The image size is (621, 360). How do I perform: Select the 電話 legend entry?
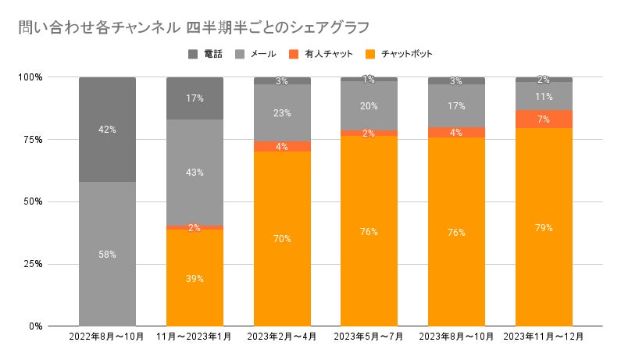click(x=206, y=54)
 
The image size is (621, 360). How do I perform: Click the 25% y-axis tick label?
click(x=33, y=264)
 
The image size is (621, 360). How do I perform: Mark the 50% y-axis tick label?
click(x=33, y=201)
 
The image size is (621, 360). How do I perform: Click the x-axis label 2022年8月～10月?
click(x=108, y=337)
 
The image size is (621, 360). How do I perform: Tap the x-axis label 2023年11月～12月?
click(x=545, y=337)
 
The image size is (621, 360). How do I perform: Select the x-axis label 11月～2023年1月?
click(x=195, y=337)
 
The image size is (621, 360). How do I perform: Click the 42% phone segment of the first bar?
click(x=108, y=130)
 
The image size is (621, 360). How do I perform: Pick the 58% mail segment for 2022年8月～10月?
click(x=108, y=254)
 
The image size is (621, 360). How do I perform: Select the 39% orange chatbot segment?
click(x=195, y=277)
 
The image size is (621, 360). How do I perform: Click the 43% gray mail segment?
click(x=195, y=172)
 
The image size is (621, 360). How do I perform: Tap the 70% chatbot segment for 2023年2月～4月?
click(x=283, y=238)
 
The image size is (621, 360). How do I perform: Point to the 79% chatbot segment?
click(x=545, y=227)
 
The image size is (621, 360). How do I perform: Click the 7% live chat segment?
click(x=545, y=119)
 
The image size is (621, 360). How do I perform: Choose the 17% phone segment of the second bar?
click(x=195, y=98)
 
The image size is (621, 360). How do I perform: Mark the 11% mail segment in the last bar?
click(x=545, y=97)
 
